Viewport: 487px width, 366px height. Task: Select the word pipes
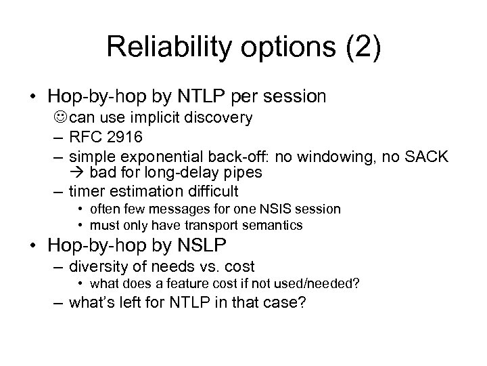point(241,172)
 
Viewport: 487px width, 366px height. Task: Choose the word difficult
point(212,191)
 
